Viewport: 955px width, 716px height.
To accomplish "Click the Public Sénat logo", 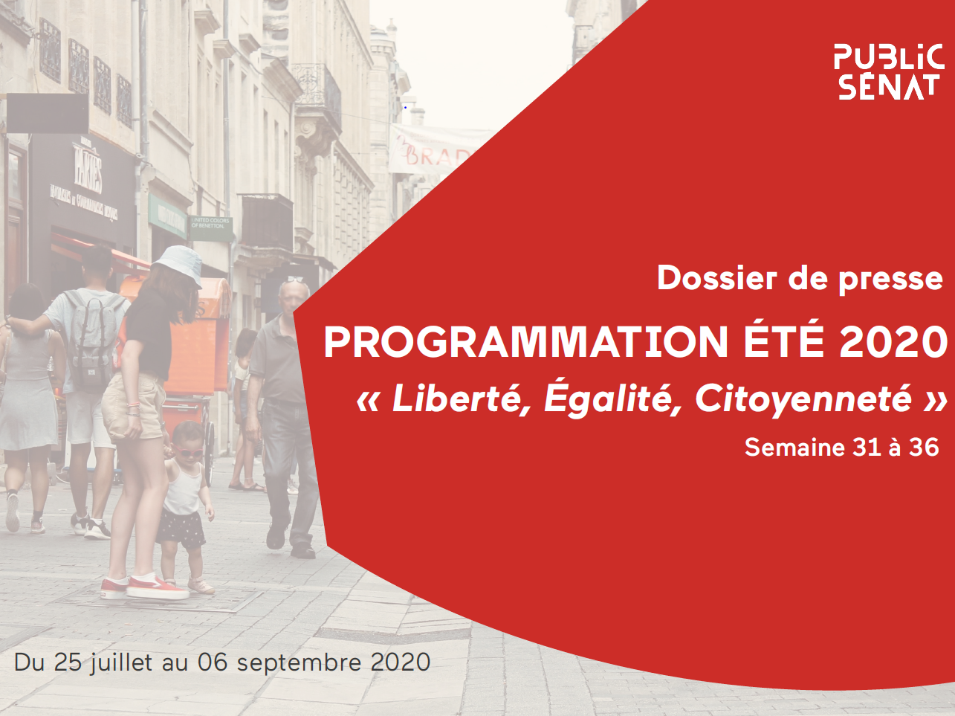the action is (888, 72).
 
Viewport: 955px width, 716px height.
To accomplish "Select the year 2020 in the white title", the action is (893, 342).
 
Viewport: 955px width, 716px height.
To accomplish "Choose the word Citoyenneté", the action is (803, 399).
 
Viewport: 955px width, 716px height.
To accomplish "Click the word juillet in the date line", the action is (121, 663).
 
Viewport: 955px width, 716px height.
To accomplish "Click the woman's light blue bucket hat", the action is (178, 264).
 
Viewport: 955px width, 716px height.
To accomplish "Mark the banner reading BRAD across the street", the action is (433, 150).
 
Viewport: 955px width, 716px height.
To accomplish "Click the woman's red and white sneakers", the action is (146, 587).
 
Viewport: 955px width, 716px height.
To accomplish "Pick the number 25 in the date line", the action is (68, 662).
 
